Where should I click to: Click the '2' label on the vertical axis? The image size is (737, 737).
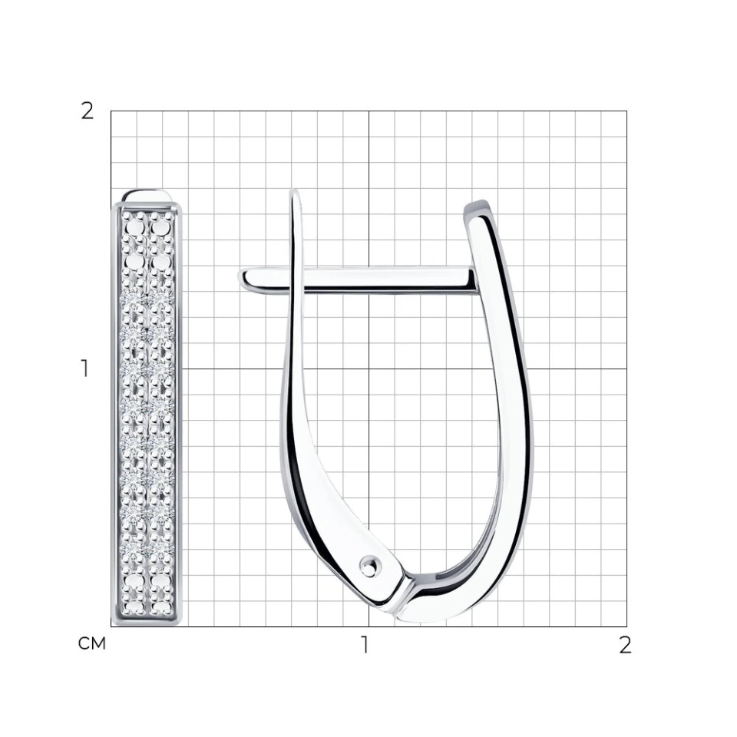click(88, 111)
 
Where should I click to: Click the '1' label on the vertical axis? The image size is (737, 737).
click(84, 368)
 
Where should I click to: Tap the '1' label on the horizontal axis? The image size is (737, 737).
click(364, 646)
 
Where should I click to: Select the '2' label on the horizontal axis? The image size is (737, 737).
click(625, 646)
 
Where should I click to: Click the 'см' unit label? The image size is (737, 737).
click(91, 643)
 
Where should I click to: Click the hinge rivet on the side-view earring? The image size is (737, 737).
click(370, 565)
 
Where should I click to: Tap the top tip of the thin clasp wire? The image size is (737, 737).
click(294, 191)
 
